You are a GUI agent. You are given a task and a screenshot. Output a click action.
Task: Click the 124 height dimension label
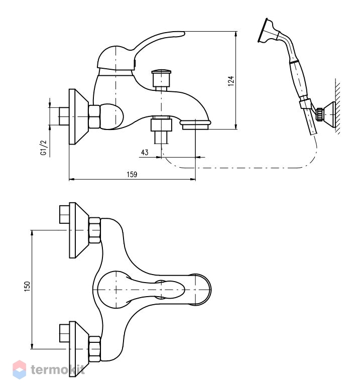(x=231, y=81)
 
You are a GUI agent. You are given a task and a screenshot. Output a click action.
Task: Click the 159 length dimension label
(x=132, y=174)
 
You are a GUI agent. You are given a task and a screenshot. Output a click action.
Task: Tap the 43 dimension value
(x=145, y=152)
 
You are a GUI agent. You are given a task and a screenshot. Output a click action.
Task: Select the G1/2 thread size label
(x=44, y=148)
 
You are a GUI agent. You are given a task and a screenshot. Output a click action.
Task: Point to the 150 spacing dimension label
(x=27, y=286)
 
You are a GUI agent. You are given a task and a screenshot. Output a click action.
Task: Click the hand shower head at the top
(x=268, y=31)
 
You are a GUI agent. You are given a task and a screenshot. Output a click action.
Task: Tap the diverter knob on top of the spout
(x=162, y=78)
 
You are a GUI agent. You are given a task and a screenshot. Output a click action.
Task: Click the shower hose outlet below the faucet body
(x=161, y=130)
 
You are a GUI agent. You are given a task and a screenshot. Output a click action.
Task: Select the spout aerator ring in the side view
(x=195, y=124)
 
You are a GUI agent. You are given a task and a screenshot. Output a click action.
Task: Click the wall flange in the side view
(x=78, y=117)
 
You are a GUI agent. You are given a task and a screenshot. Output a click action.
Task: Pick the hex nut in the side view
(x=94, y=117)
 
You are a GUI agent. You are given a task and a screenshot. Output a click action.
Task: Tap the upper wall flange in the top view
(x=78, y=230)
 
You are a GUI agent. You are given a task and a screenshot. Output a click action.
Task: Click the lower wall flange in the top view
(x=78, y=349)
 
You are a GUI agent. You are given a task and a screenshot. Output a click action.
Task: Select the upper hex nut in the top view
(x=94, y=230)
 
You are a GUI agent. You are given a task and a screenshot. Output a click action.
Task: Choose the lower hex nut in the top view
(x=94, y=349)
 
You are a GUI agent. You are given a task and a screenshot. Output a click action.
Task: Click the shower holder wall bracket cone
(x=329, y=115)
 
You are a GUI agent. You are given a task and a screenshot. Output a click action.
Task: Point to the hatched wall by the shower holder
(x=337, y=107)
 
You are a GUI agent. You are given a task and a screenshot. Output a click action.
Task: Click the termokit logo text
(x=58, y=369)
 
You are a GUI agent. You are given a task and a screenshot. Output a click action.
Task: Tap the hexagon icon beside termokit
(x=19, y=369)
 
